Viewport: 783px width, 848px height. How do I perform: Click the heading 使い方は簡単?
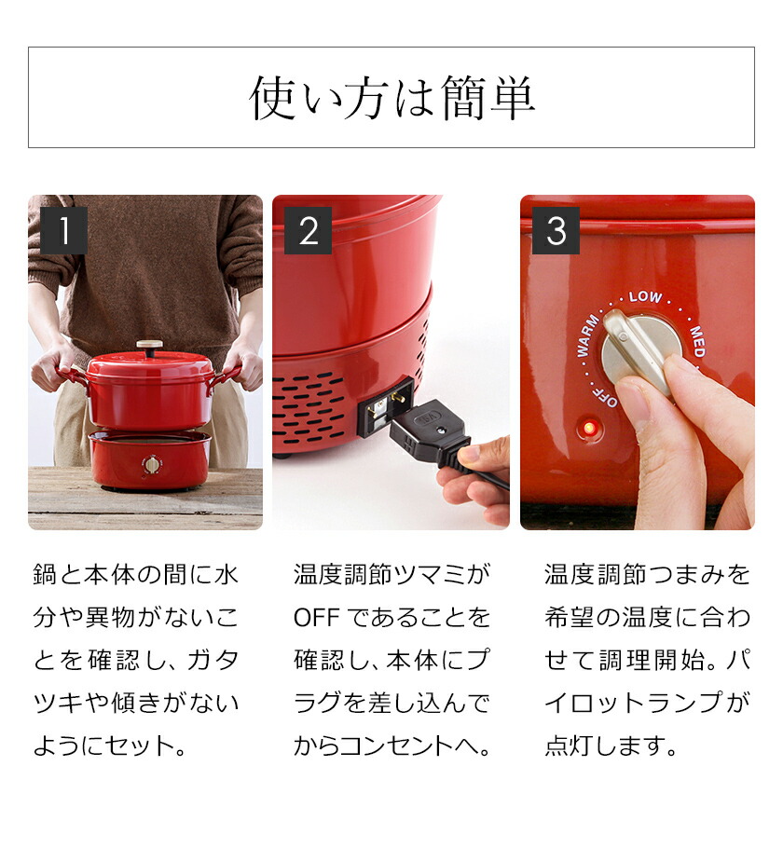tap(391, 98)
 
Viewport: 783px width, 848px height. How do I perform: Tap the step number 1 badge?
tap(64, 230)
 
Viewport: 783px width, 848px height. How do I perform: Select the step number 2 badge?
tap(308, 230)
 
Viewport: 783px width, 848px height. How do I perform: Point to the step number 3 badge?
tap(556, 230)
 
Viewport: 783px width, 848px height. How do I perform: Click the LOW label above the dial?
tap(645, 297)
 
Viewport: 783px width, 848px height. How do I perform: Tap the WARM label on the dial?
tap(587, 335)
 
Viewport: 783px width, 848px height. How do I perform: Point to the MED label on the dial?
tap(697, 341)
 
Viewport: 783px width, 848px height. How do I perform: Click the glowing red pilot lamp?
tap(590, 429)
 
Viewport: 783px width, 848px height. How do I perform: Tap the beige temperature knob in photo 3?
tap(641, 350)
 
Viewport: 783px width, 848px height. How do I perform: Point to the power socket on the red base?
tap(385, 407)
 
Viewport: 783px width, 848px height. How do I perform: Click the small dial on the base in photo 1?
tap(152, 465)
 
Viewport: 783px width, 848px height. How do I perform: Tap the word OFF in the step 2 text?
tap(317, 617)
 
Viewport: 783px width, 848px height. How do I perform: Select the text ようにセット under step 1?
tap(103, 745)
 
